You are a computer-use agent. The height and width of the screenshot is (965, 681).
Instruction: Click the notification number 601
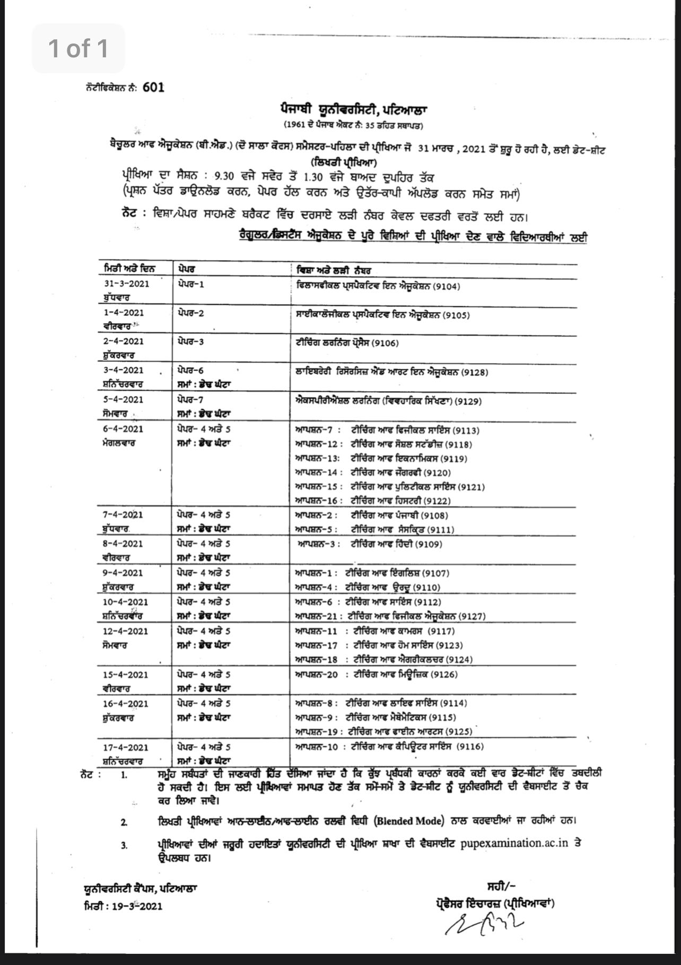(x=153, y=88)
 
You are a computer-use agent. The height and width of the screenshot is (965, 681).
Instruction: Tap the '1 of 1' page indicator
(x=78, y=48)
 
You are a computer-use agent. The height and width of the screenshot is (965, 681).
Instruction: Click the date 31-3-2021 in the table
(x=126, y=283)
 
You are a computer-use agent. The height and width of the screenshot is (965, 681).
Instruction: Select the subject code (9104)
(x=446, y=287)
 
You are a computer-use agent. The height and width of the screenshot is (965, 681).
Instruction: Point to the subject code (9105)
(x=456, y=315)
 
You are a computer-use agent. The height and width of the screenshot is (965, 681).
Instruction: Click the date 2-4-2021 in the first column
(x=123, y=341)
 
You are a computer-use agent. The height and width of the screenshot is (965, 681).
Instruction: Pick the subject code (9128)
(x=475, y=373)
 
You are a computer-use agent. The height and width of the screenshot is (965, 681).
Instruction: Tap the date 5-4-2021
(x=123, y=399)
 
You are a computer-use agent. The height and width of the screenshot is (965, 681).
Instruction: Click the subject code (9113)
(x=467, y=430)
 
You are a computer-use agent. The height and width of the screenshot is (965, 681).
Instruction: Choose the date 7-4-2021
(x=123, y=515)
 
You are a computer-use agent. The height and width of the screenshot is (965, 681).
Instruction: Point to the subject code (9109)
(x=429, y=544)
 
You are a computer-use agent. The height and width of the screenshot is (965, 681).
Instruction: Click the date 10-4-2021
(x=126, y=602)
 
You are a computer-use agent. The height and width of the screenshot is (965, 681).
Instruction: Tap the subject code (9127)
(x=472, y=616)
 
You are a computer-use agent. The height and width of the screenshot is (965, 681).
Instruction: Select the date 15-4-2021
(x=126, y=675)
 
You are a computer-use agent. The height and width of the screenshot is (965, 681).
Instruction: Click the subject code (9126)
(x=444, y=675)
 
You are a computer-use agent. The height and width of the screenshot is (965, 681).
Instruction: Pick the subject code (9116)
(x=470, y=747)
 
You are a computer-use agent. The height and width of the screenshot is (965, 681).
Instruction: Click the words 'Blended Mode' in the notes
(x=408, y=821)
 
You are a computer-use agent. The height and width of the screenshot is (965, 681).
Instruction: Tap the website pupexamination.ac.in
(x=514, y=843)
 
